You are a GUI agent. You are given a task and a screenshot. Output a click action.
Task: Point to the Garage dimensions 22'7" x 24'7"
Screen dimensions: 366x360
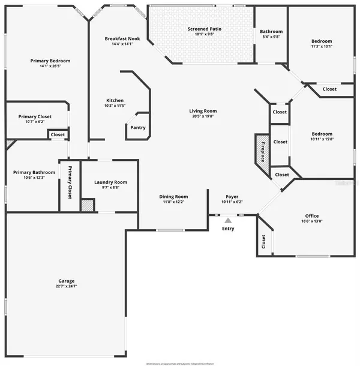[x=66, y=286]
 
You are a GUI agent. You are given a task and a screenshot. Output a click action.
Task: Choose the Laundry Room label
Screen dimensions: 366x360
[x=111, y=182]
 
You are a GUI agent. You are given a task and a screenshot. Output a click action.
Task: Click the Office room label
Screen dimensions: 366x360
[x=311, y=216]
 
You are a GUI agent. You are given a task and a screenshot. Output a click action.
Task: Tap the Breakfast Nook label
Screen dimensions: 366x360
[x=122, y=39]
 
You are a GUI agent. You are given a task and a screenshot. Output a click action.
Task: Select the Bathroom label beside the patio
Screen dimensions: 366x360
[x=271, y=32]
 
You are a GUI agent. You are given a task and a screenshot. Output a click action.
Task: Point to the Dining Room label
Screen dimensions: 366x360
[x=173, y=197]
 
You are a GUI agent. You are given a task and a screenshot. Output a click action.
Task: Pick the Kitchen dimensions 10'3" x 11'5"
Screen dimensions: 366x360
[x=115, y=106]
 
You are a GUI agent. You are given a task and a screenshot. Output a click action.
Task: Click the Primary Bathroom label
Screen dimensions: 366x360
[x=34, y=172]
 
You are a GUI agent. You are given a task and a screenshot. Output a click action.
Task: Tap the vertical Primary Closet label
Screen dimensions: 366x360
[x=70, y=182]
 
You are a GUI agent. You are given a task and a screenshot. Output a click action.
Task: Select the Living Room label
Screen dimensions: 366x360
[x=203, y=111]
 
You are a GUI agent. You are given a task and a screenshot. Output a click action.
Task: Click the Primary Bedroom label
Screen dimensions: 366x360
[x=50, y=61]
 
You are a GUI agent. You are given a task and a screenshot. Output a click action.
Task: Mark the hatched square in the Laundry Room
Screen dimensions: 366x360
[x=88, y=205]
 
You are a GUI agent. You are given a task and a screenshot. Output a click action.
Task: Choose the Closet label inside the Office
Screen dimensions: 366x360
[x=263, y=242]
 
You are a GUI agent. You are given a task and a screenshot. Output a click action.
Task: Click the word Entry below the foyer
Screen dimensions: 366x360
[x=228, y=229]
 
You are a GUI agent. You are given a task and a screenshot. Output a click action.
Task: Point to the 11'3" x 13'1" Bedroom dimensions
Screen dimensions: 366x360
[x=321, y=46]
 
